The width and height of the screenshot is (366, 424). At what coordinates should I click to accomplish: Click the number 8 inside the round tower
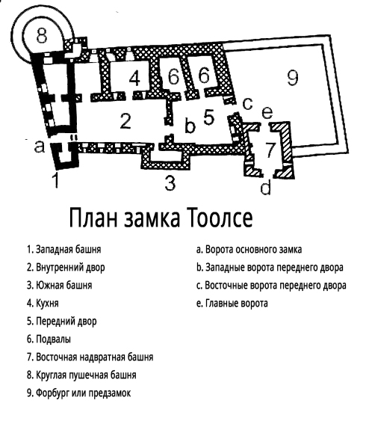(42, 35)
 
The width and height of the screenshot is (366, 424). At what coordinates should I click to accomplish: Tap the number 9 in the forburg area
(293, 77)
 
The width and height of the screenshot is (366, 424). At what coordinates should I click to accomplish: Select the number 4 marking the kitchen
(134, 79)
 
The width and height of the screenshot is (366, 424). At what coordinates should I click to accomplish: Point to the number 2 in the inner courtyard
(125, 121)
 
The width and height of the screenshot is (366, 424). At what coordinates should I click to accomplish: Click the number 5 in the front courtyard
(209, 117)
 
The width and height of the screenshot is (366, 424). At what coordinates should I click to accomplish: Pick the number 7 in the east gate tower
(270, 150)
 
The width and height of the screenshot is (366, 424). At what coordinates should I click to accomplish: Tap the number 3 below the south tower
(170, 182)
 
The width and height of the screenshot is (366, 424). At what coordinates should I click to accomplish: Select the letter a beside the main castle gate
(40, 147)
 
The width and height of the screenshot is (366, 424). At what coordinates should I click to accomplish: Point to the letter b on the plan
(190, 125)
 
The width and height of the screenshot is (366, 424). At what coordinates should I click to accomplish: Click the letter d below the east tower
(265, 187)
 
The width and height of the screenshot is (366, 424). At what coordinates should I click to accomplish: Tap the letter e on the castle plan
(267, 113)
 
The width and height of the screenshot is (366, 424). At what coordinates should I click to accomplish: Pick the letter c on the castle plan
(247, 103)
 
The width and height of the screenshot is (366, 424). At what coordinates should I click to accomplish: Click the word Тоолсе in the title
(220, 218)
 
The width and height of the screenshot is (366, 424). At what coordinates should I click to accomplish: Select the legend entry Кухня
(47, 304)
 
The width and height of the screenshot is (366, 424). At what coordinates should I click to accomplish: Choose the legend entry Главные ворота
(237, 304)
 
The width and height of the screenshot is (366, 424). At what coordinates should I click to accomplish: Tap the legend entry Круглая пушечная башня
(86, 375)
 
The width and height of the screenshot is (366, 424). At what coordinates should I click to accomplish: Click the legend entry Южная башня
(64, 285)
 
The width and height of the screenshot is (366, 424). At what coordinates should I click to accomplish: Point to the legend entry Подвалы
(54, 339)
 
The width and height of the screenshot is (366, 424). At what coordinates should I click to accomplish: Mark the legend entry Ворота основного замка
(254, 249)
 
